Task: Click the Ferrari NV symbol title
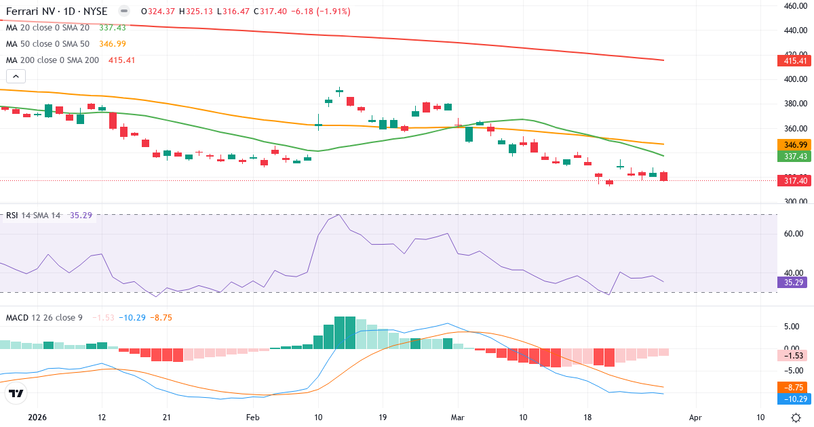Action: [56, 12]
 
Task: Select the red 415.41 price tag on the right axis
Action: [793, 61]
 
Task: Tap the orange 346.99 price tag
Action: [793, 145]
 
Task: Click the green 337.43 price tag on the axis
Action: [793, 157]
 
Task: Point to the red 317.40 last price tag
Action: [793, 180]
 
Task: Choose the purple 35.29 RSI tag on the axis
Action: [793, 282]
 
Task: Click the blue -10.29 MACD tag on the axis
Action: [793, 399]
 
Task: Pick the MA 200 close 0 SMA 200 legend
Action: [53, 60]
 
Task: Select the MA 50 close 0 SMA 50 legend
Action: [47, 44]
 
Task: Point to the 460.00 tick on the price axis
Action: [793, 6]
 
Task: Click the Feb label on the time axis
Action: [252, 418]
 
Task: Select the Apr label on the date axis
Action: [695, 418]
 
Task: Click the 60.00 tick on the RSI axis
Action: [793, 234]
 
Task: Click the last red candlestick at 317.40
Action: [663, 176]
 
